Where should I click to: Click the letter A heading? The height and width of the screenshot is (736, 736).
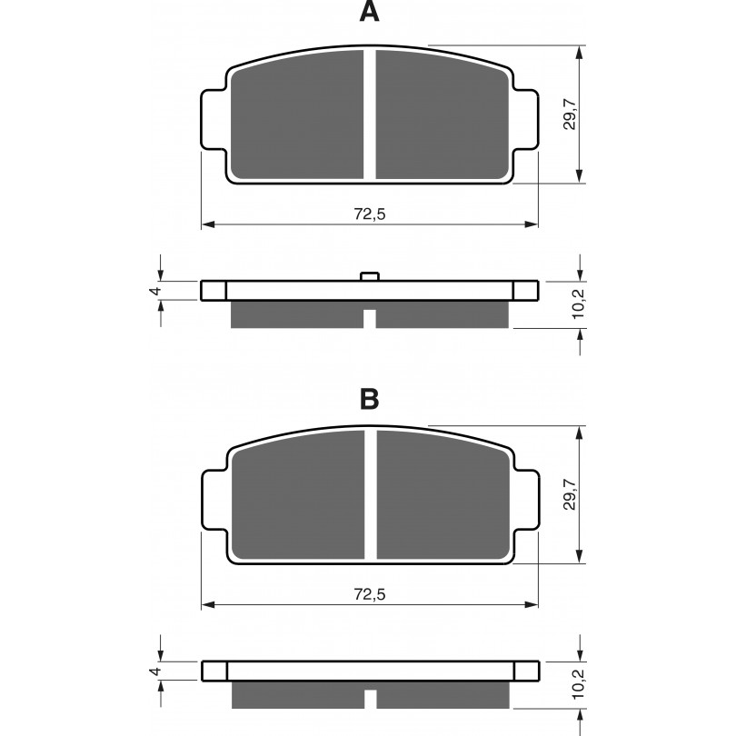tap(370, 12)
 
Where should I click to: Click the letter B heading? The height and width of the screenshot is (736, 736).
tap(370, 400)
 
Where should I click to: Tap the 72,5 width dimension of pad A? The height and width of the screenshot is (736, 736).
tap(370, 214)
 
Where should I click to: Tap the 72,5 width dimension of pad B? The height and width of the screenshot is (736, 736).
tap(370, 594)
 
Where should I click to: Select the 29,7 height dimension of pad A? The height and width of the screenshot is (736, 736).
tap(571, 114)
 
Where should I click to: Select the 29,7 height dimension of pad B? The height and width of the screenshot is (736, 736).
tap(571, 494)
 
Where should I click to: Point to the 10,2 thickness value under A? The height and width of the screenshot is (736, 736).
tap(578, 304)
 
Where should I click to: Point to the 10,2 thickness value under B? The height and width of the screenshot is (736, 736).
tap(578, 684)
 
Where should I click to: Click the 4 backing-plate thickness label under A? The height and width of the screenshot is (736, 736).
tap(155, 291)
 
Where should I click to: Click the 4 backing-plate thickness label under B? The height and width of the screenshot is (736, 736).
tap(155, 671)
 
